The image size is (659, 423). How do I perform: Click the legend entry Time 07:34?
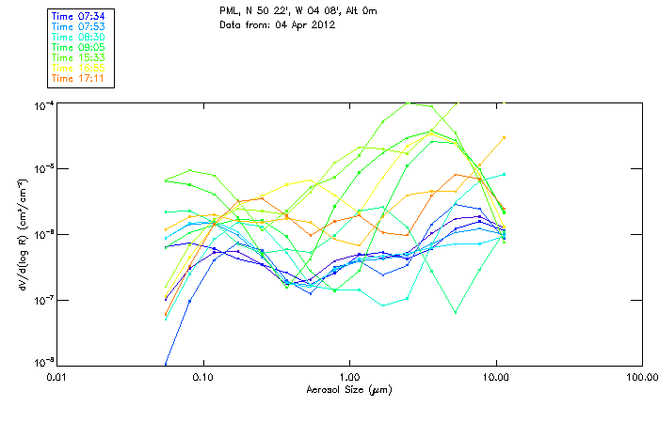click(x=78, y=16)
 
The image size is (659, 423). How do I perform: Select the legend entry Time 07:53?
click(x=78, y=26)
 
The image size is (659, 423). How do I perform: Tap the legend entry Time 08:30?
click(x=78, y=37)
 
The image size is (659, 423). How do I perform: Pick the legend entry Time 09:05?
click(x=78, y=47)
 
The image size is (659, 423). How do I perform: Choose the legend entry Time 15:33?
click(x=78, y=57)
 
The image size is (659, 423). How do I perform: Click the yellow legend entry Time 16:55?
click(x=78, y=68)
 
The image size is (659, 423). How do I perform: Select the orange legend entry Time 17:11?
click(x=78, y=78)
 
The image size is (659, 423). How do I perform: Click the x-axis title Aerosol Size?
click(x=349, y=389)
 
